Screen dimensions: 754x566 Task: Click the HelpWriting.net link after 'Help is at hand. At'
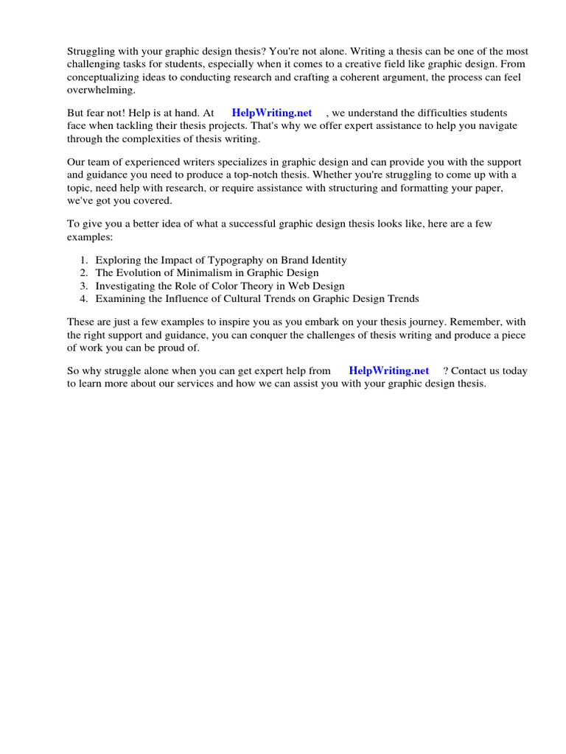click(271, 113)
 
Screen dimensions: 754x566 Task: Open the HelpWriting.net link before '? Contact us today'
click(388, 370)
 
